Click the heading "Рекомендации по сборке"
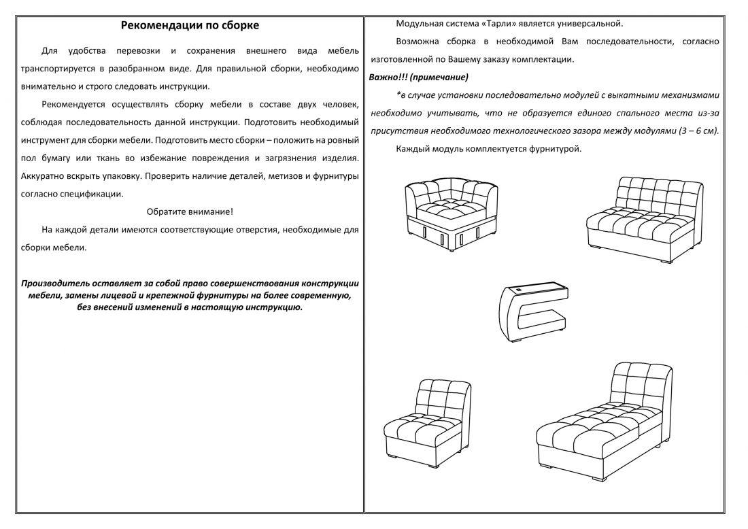click(190, 26)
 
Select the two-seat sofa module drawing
click(645, 218)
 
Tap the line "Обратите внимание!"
click(190, 211)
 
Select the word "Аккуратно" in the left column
click(44, 175)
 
